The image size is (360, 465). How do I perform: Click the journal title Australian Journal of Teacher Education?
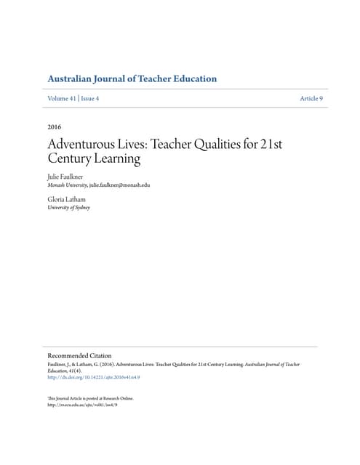[x=132, y=78]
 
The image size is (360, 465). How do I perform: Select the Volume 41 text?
[x=63, y=98]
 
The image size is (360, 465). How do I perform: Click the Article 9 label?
[x=311, y=98]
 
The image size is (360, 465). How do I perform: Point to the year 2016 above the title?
[x=54, y=127]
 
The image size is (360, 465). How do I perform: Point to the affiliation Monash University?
[x=66, y=185]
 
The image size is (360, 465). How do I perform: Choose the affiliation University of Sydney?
[x=68, y=207]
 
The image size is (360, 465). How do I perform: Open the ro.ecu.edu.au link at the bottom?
[x=81, y=405]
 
